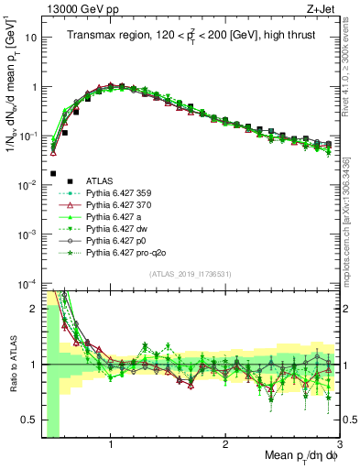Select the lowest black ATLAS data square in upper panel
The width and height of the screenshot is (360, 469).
(53, 173)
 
